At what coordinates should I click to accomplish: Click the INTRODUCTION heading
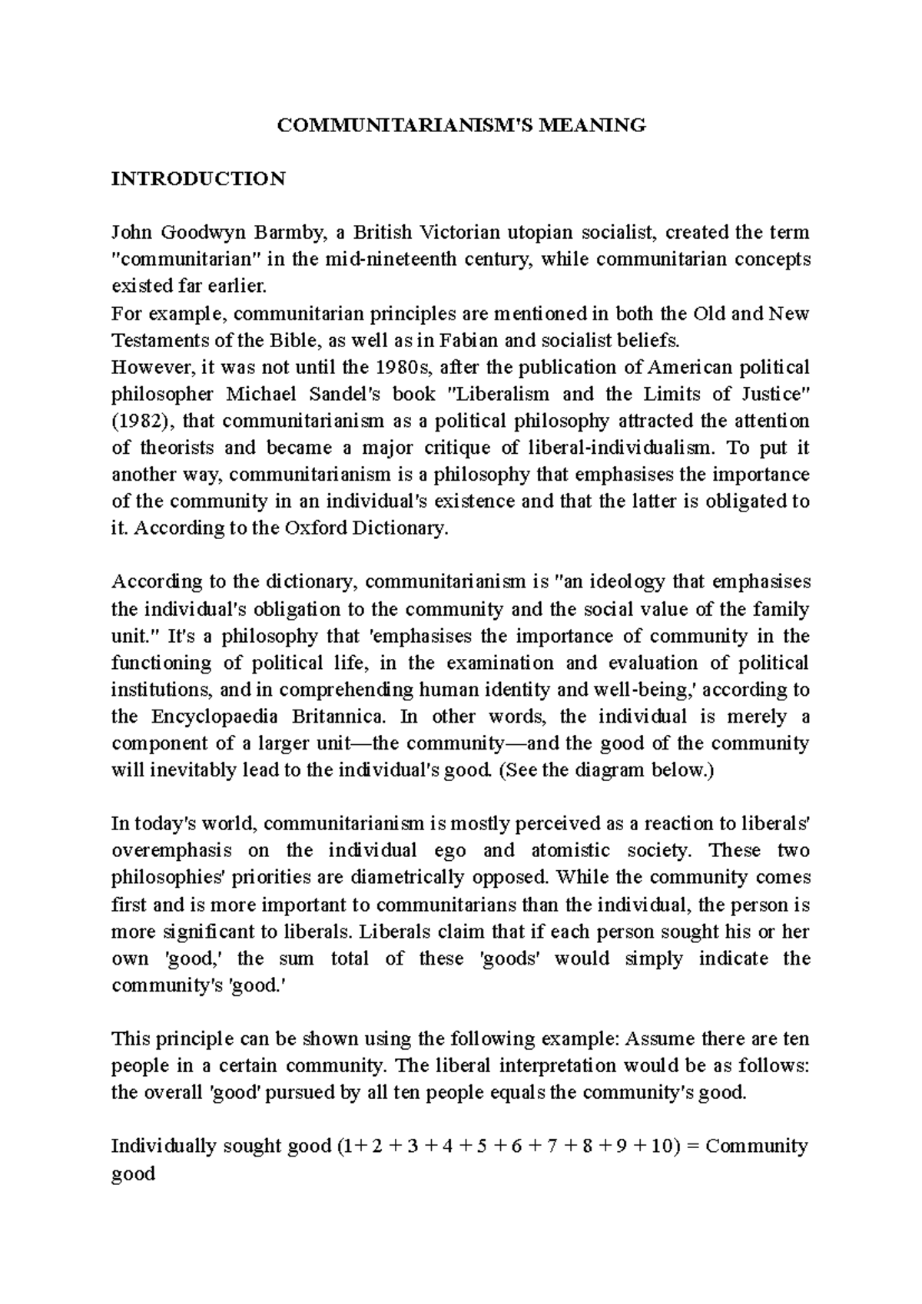[198, 179]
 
